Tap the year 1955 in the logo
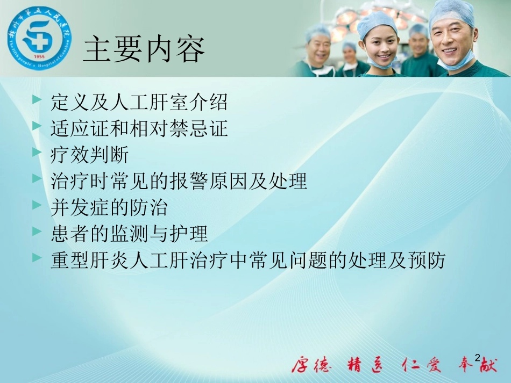click(x=39, y=56)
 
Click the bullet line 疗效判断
click(x=89, y=156)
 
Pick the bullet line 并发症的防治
click(x=109, y=208)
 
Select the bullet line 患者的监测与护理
click(x=129, y=234)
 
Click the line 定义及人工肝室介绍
click(x=139, y=102)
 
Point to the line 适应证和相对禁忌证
click(x=139, y=129)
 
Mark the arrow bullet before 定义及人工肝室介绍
click(x=37, y=100)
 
